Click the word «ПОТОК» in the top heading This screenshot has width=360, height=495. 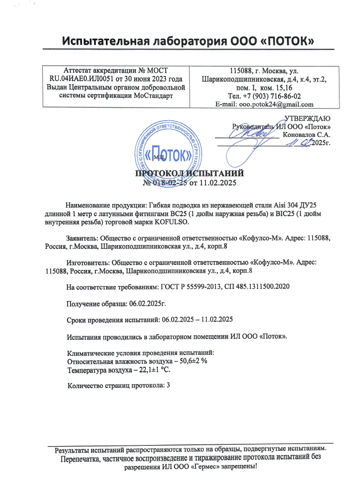[283, 41]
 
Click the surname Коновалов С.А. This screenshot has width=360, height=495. [307, 135]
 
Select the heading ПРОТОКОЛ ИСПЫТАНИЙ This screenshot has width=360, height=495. [182, 174]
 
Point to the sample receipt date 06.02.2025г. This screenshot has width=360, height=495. [143, 303]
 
